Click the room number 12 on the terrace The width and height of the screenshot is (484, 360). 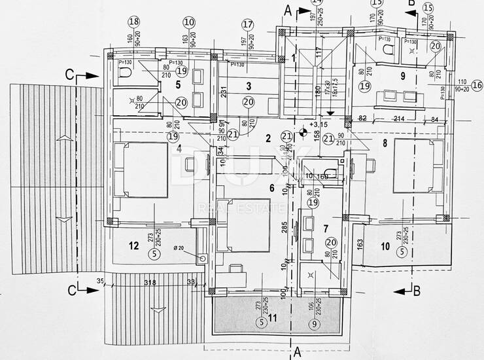point(133,246)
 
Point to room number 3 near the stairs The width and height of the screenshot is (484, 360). point(249,86)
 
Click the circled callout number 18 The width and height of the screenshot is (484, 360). point(135,22)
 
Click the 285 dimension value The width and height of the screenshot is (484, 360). point(285,228)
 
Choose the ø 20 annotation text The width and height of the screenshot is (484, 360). point(179,247)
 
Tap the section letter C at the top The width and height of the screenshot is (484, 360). point(68,74)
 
